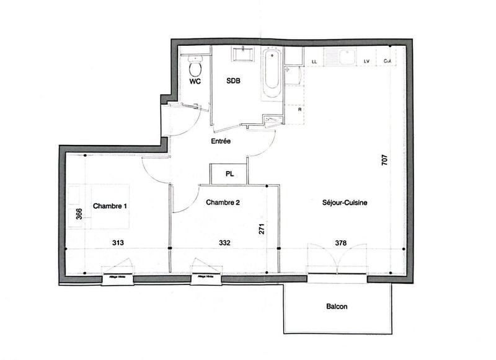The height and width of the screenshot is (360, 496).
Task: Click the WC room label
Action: pyautogui.click(x=195, y=81)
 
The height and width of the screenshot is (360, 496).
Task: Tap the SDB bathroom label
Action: pyautogui.click(x=234, y=81)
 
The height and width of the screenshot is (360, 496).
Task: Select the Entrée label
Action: pyautogui.click(x=221, y=142)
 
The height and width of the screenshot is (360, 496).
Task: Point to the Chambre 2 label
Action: pyautogui.click(x=223, y=202)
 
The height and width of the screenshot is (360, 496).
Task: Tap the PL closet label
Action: pyautogui.click(x=229, y=174)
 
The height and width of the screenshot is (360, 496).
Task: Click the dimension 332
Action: pyautogui.click(x=224, y=243)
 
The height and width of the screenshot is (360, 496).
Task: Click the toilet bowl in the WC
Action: pyautogui.click(x=195, y=64)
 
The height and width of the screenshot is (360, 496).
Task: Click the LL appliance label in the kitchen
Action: pyautogui.click(x=314, y=61)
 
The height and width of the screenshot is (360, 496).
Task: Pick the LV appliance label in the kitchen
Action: pyautogui.click(x=366, y=61)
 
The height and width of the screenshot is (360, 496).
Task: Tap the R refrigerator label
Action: pyautogui.click(x=299, y=109)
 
